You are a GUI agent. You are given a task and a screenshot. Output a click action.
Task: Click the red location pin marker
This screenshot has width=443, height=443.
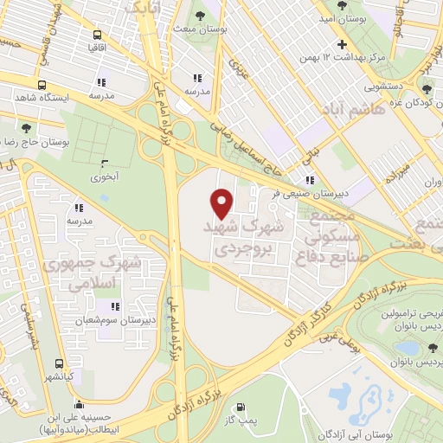pos(222,202)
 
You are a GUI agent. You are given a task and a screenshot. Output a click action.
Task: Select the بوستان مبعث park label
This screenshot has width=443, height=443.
pos(200,30)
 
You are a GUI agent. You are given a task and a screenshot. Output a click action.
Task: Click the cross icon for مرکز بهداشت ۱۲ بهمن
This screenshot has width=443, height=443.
pos(343,44)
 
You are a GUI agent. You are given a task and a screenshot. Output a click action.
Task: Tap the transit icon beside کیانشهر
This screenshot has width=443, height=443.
pos(59,363)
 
